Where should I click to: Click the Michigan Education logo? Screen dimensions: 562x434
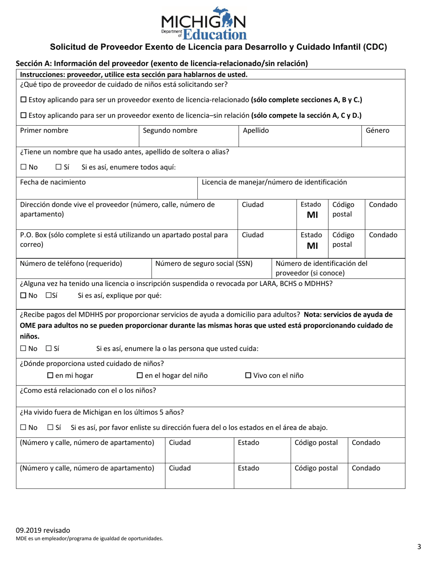click(203, 23)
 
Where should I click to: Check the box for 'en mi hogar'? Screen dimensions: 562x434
click(51, 376)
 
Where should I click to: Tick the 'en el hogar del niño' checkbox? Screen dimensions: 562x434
click(140, 376)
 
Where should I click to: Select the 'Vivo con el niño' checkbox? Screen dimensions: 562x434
click(249, 376)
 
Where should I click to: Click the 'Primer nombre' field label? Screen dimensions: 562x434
click(44, 131)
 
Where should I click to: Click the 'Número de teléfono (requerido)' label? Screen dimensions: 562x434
click(71, 264)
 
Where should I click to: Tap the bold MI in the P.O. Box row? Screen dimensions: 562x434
click(312, 246)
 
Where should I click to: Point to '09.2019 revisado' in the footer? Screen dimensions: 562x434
click(43, 530)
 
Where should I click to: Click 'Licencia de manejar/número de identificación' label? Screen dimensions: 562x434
click(274, 182)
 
